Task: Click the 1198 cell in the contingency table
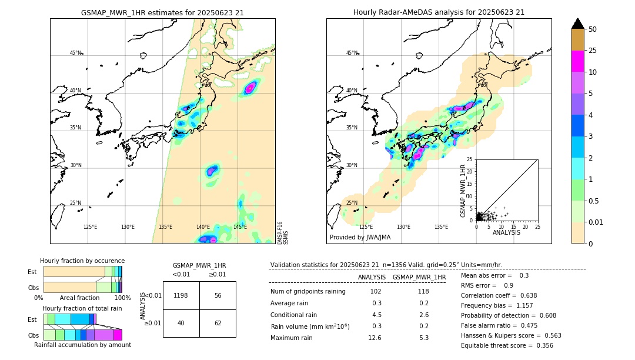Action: (x=181, y=295)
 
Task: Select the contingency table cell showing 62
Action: (x=218, y=323)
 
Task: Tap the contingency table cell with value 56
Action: (x=218, y=295)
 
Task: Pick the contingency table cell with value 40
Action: (x=181, y=323)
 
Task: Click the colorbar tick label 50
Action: (x=593, y=29)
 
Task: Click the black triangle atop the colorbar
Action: (x=577, y=24)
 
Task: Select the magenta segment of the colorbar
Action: (x=577, y=61)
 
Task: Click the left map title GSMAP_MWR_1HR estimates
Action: (x=162, y=12)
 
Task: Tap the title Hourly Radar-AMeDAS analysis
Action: (x=439, y=12)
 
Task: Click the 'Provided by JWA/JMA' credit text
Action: (x=360, y=237)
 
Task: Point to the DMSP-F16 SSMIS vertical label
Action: (x=283, y=232)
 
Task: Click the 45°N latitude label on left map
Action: (x=75, y=53)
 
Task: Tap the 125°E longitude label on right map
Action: (x=366, y=227)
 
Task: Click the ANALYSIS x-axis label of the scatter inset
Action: (x=506, y=233)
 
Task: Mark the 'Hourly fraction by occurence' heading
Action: (x=82, y=261)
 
